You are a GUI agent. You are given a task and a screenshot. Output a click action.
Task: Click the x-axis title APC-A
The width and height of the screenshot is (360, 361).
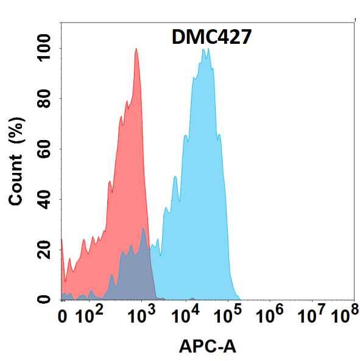coord(207,346)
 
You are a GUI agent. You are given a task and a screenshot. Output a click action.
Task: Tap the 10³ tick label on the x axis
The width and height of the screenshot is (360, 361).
coord(141,315)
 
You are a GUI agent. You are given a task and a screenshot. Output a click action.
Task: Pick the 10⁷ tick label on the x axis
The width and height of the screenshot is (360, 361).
coord(312,315)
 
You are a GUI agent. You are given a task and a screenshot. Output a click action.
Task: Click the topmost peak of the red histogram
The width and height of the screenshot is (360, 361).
coord(136,50)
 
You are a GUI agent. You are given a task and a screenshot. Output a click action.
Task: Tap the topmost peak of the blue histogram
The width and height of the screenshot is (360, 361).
coord(205,50)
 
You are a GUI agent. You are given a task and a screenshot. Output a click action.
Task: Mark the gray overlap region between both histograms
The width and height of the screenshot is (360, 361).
coord(135,268)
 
